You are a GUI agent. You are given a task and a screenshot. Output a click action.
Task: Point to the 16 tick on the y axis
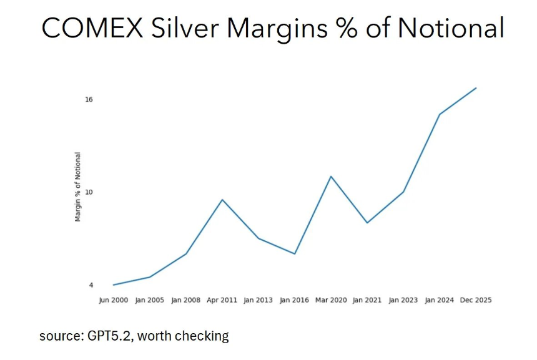pyautogui.click(x=89, y=100)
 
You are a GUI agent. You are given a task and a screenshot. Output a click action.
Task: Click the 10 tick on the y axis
pyautogui.click(x=89, y=192)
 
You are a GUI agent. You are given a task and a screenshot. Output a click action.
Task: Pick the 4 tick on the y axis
pyautogui.click(x=91, y=285)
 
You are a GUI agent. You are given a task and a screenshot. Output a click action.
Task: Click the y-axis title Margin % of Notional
pyautogui.click(x=78, y=187)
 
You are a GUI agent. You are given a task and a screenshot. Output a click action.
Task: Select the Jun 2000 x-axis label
pyautogui.click(x=113, y=300)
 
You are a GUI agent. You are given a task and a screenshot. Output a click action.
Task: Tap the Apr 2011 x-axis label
pyautogui.click(x=222, y=300)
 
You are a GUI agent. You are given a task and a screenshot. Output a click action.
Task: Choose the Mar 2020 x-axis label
pyautogui.click(x=330, y=300)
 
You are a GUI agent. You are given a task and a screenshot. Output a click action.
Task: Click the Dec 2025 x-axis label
pyautogui.click(x=476, y=300)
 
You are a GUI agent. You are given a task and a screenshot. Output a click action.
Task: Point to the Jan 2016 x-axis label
pyautogui.click(x=294, y=300)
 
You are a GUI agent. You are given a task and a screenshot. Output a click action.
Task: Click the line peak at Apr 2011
pyautogui.click(x=222, y=200)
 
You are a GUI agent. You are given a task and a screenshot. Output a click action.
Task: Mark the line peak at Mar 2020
pyautogui.click(x=331, y=177)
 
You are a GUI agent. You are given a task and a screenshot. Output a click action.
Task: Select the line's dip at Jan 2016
pyautogui.click(x=295, y=254)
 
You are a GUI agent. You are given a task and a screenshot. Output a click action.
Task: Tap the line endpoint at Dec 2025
pyautogui.click(x=476, y=88)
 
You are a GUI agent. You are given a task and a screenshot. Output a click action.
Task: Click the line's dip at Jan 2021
pyautogui.click(x=367, y=223)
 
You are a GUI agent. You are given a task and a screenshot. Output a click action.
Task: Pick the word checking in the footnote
pyautogui.click(x=203, y=336)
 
